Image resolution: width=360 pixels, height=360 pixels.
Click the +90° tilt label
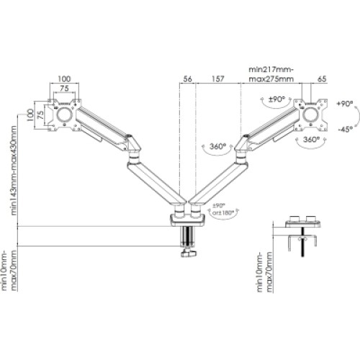coord(343,104)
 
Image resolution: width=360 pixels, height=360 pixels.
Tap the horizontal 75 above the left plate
coord(65,88)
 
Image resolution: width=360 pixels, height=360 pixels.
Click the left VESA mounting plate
coord(65,114)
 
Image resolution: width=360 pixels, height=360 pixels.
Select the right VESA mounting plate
coord(312,113)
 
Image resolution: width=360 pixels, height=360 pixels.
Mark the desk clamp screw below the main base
coord(189,241)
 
